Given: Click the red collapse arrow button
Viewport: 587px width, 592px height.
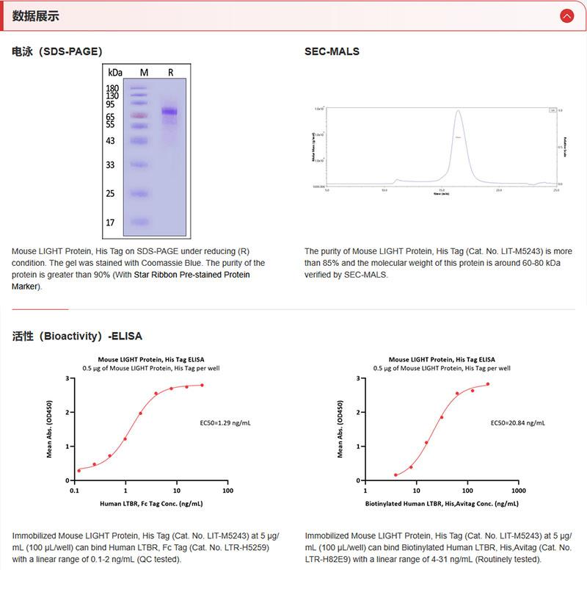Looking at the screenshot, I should pos(566,16).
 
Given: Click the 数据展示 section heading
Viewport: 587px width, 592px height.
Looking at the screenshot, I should pos(36,16).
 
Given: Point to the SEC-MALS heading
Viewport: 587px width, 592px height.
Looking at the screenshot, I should pos(332,51).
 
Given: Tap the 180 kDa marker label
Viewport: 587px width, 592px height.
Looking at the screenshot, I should pos(112,88).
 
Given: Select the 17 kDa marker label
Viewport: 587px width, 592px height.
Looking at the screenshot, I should pos(110,222).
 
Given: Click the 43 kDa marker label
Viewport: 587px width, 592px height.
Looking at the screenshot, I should pos(110,140).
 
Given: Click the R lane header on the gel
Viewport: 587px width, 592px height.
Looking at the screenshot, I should pos(170,72).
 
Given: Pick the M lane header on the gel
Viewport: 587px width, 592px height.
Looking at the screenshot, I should pos(144,72).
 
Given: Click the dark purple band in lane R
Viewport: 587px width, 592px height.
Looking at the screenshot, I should pos(170,112).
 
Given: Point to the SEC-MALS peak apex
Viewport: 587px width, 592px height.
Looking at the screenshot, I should pos(458,111).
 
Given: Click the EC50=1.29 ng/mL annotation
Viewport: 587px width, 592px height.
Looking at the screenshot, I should pos(225,424).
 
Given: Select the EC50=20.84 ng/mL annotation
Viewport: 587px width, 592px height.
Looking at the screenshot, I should pos(517,424).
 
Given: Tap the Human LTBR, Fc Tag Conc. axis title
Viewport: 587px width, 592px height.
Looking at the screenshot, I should pos(151,505).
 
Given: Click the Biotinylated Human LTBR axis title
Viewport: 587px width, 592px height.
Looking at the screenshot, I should pos(440,505).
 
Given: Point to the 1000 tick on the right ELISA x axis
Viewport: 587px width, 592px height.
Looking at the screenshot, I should pos(518,490).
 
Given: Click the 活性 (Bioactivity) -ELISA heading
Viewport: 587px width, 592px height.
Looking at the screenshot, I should pos(77,336).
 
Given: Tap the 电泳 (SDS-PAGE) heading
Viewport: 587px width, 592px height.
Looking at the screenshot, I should pos(56,51).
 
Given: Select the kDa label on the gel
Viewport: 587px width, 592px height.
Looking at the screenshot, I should pos(114,73).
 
